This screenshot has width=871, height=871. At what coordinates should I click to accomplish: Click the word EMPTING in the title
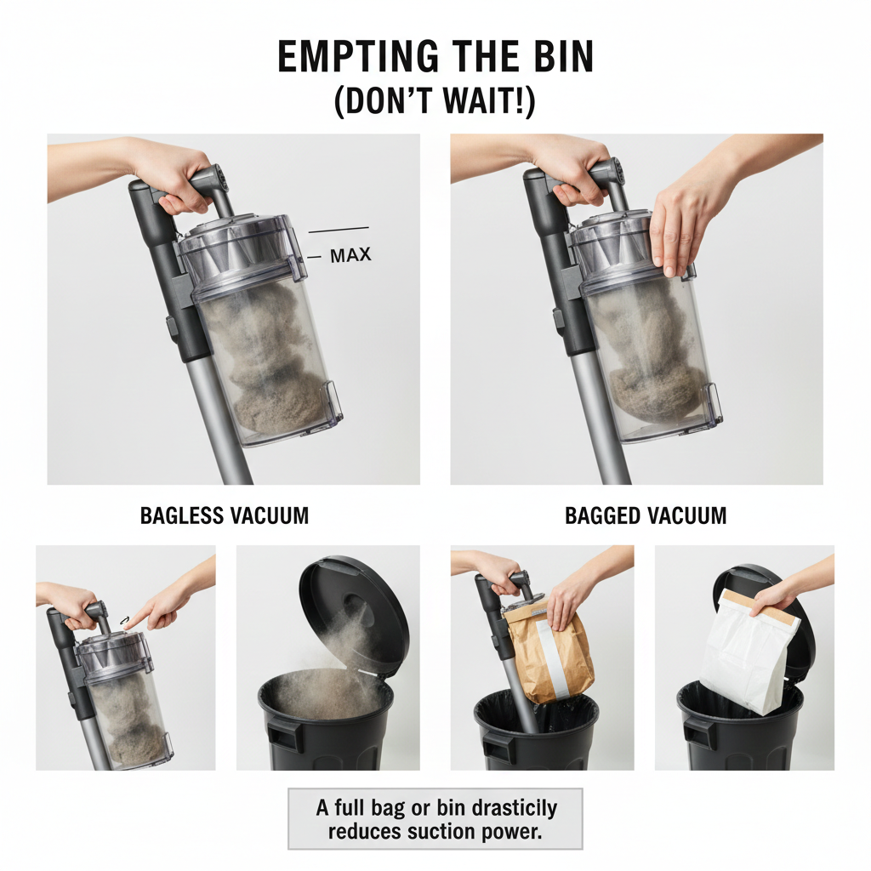pyautogui.click(x=358, y=56)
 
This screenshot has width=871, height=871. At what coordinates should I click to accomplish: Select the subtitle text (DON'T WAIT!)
pyautogui.click(x=435, y=102)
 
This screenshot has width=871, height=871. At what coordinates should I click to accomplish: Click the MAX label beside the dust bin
pyautogui.click(x=350, y=255)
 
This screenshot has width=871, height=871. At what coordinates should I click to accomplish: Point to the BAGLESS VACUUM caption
pyautogui.click(x=225, y=515)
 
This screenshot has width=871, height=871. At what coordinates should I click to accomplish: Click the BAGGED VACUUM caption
pyautogui.click(x=646, y=515)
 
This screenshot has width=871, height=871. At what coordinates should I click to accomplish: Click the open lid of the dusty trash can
pyautogui.click(x=354, y=614)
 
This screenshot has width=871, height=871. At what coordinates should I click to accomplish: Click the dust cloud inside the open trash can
pyautogui.click(x=327, y=686)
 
